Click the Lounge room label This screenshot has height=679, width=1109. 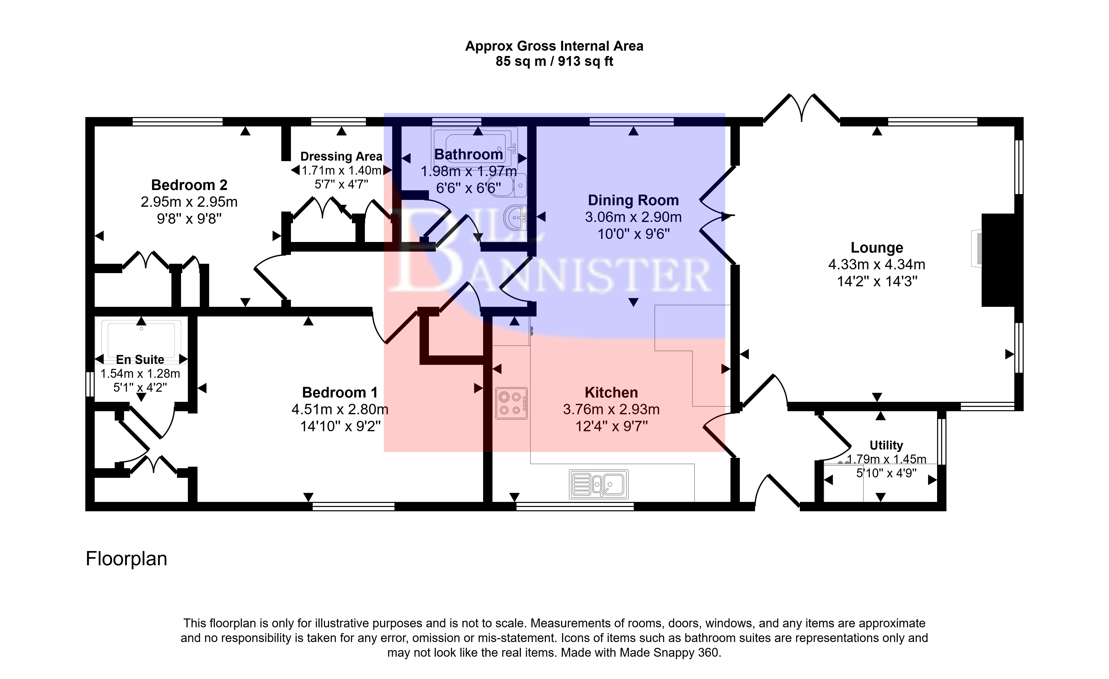point(877,248)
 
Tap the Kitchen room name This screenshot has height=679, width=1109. point(611,393)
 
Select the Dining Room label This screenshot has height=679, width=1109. point(633,200)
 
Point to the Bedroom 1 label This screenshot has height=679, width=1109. point(340,393)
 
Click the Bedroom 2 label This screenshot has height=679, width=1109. point(189,185)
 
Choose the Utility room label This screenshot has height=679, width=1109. point(886,445)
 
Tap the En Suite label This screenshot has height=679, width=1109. point(140,360)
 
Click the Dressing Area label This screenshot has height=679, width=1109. point(341,157)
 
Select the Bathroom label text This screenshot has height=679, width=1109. point(468,155)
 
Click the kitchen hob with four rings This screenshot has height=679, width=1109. point(511,403)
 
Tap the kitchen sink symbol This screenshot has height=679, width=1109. point(599,484)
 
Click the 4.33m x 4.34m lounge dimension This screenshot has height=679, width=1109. point(877,265)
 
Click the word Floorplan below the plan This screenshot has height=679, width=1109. point(127,559)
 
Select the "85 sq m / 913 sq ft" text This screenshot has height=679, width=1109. point(554,62)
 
